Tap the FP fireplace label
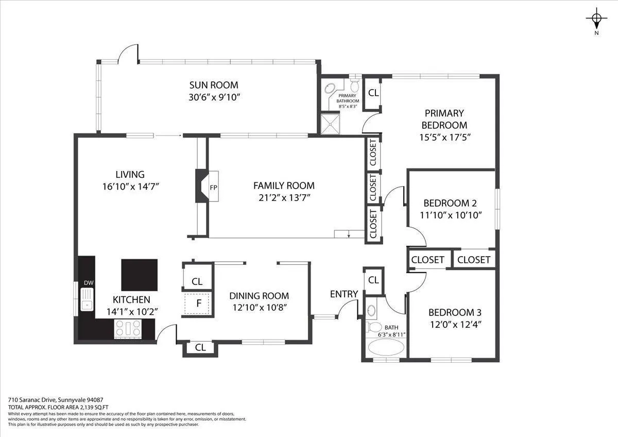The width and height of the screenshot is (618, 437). click(214, 188)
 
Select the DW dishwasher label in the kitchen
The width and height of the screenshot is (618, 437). click(89, 283)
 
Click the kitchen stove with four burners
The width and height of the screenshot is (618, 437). click(128, 329)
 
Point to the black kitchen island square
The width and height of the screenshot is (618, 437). click(140, 275)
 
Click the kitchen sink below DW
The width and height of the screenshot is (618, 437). click(87, 299)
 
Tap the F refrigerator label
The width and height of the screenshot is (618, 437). click(199, 304)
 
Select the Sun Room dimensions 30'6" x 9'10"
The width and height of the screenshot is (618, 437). click(214, 97)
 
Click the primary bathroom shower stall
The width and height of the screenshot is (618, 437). click(330, 123)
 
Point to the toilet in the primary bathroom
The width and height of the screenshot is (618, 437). click(354, 85)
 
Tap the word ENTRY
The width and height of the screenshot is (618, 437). click(344, 294)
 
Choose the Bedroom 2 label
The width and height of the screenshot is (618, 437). click(450, 203)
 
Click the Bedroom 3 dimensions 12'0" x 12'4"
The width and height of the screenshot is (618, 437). click(456, 324)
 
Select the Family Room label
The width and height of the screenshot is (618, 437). click(284, 186)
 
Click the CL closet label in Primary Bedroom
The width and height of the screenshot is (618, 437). click(373, 93)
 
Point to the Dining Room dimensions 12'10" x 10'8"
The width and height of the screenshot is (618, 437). click(260, 308)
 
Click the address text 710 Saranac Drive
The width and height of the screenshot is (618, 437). click(32, 400)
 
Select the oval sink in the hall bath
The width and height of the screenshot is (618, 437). click(372, 310)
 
